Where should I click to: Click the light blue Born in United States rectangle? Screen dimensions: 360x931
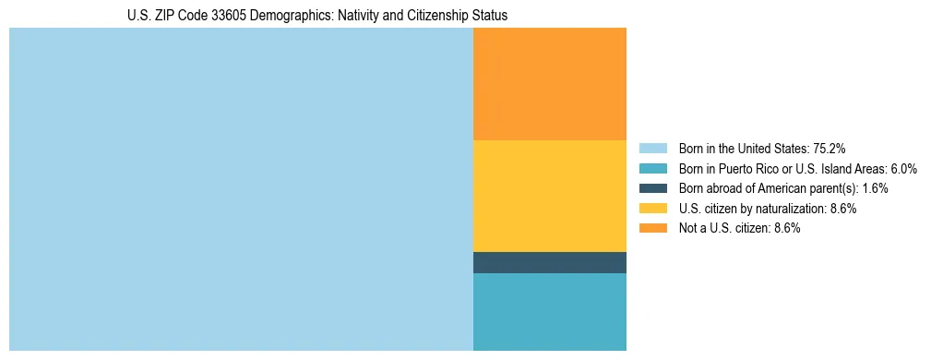click(x=241, y=189)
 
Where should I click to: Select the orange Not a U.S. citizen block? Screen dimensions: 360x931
click(x=549, y=84)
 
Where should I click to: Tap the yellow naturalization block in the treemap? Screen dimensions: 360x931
click(x=549, y=196)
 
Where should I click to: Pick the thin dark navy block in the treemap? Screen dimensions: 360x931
click(x=549, y=263)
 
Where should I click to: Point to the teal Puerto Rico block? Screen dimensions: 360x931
click(x=549, y=312)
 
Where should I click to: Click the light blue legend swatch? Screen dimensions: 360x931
click(x=652, y=148)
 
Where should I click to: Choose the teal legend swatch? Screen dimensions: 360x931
click(x=652, y=168)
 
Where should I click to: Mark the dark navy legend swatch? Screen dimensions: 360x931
click(x=652, y=188)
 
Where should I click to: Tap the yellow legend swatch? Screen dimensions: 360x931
click(x=652, y=209)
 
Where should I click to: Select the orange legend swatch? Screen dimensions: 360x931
click(x=652, y=228)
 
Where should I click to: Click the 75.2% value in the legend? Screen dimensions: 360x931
click(x=830, y=148)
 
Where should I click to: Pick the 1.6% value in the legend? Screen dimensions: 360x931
click(x=874, y=188)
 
